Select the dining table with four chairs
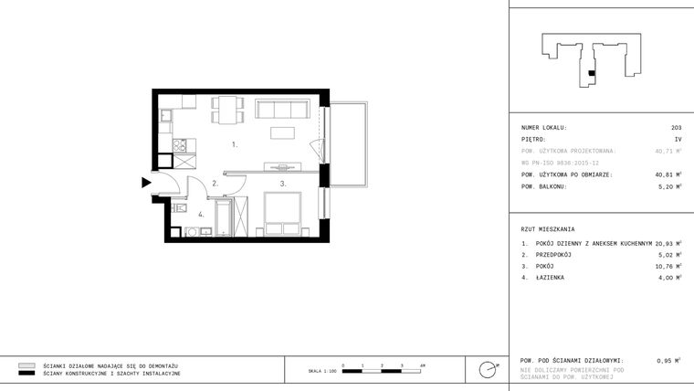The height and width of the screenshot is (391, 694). coord(227,110)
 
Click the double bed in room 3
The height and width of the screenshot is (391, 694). coord(281,216)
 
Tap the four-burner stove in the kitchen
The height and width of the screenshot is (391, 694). coord(180,145)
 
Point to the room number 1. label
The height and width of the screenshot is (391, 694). coord(235,144)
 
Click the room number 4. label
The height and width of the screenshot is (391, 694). coord(201,215)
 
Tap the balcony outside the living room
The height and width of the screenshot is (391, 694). coord(347,144)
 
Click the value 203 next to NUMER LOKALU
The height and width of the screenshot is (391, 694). coord(676,128)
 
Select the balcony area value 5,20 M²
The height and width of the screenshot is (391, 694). coord(670,186)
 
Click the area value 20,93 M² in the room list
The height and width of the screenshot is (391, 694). coord(668,244)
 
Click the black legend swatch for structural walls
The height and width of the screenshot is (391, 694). coord(26,374)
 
